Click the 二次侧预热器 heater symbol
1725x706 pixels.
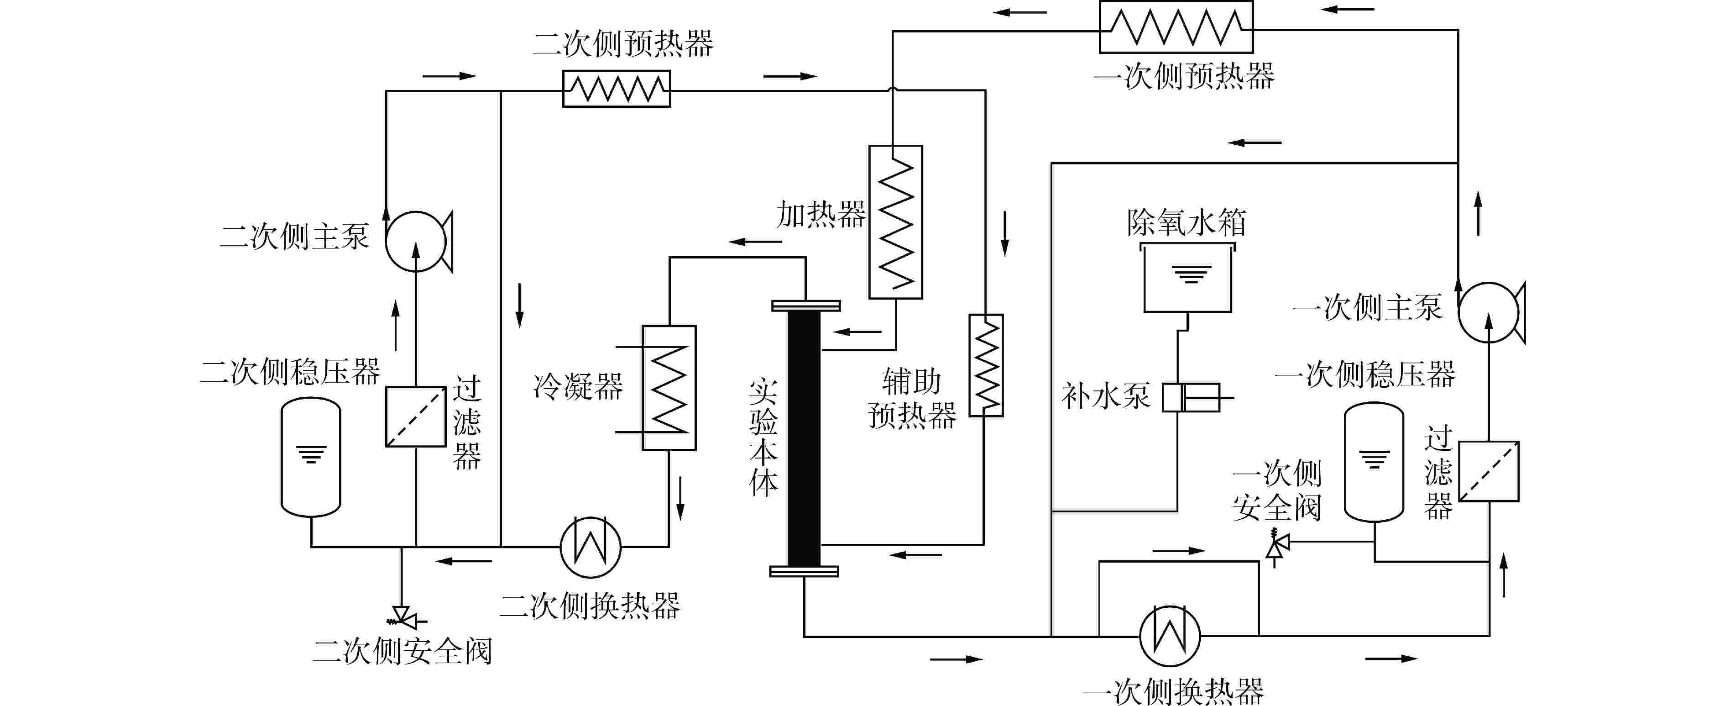616,89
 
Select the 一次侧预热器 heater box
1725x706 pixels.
1176,27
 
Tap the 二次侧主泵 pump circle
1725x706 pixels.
415,241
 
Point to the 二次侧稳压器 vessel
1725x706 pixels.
311,457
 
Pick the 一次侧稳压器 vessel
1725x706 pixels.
1374,462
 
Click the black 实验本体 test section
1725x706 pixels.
804,439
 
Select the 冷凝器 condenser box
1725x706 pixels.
669,388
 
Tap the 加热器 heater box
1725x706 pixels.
895,222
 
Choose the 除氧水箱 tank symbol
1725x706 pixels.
1187,278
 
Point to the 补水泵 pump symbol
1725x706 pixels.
1190,398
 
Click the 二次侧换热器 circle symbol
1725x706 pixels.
591,547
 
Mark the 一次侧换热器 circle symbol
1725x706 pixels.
1170,636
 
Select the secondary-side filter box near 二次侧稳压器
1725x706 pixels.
416,416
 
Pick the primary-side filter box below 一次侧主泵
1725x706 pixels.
1489,471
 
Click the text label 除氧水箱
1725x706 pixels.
1186,223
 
